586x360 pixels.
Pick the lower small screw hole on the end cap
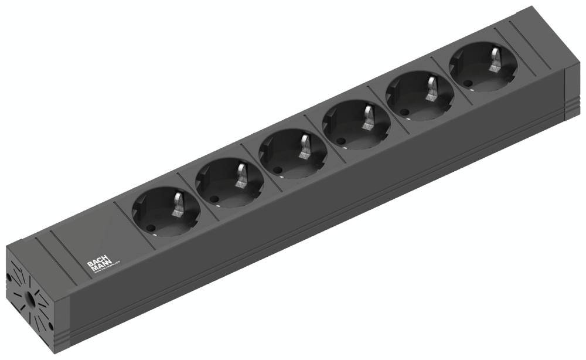50,326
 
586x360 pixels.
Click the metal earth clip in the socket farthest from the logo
496,59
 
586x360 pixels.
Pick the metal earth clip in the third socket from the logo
306,147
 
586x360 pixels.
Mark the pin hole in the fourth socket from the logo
341,140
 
